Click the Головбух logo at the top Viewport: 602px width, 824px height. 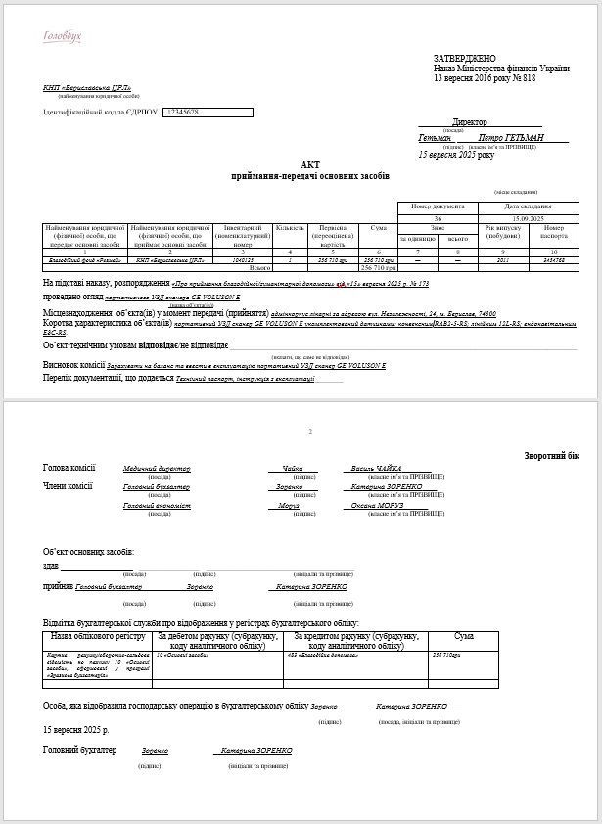click(63, 37)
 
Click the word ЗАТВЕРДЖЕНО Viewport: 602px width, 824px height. click(465, 59)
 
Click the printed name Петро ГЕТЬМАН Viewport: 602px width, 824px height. click(511, 138)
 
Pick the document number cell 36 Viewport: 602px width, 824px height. click(438, 217)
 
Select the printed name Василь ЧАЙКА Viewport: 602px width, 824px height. click(376, 469)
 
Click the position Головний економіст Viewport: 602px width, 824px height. click(157, 506)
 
